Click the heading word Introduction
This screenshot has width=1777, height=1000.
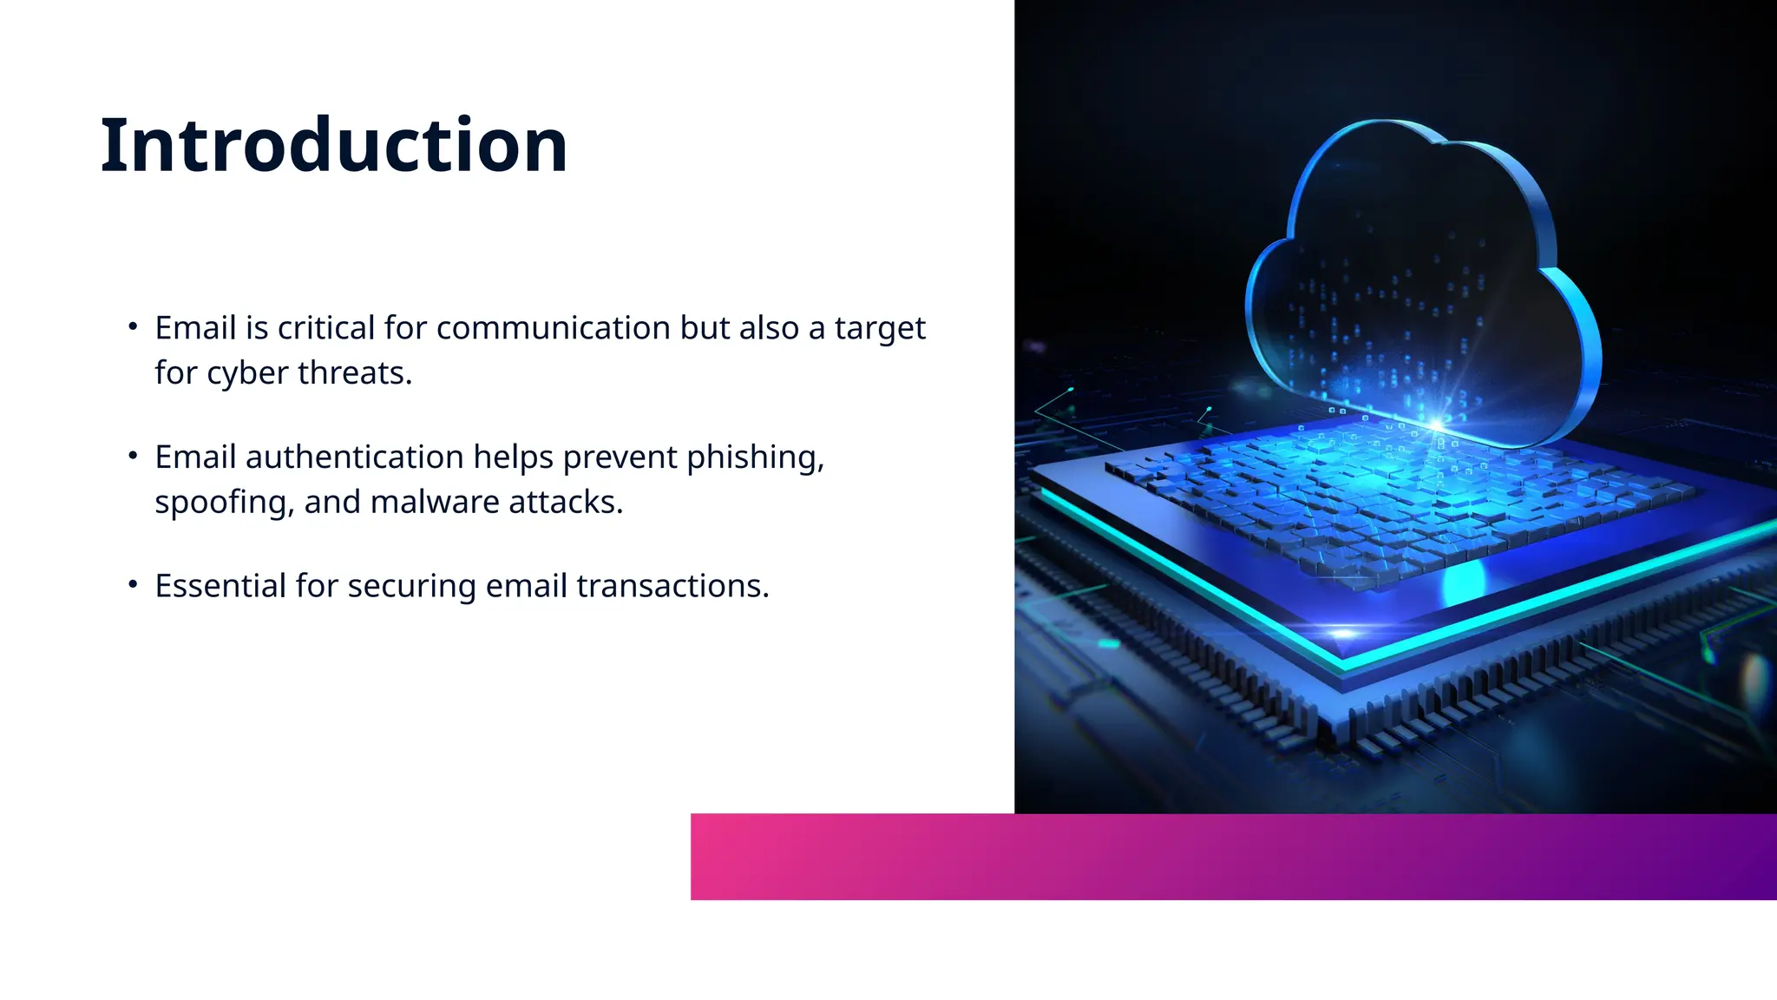334,145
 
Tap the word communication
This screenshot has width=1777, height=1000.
554,328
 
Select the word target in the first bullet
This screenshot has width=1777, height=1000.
880,328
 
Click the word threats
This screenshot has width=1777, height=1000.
355,373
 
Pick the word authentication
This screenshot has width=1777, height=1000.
354,457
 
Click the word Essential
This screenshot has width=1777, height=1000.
220,587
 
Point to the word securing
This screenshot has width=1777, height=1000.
411,587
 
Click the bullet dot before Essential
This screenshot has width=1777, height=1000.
133,585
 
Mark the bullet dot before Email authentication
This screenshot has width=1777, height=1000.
133,456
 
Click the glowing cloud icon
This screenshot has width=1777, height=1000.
1423,278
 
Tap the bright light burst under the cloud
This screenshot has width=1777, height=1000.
1436,424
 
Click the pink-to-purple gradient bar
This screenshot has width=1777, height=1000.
1232,857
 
